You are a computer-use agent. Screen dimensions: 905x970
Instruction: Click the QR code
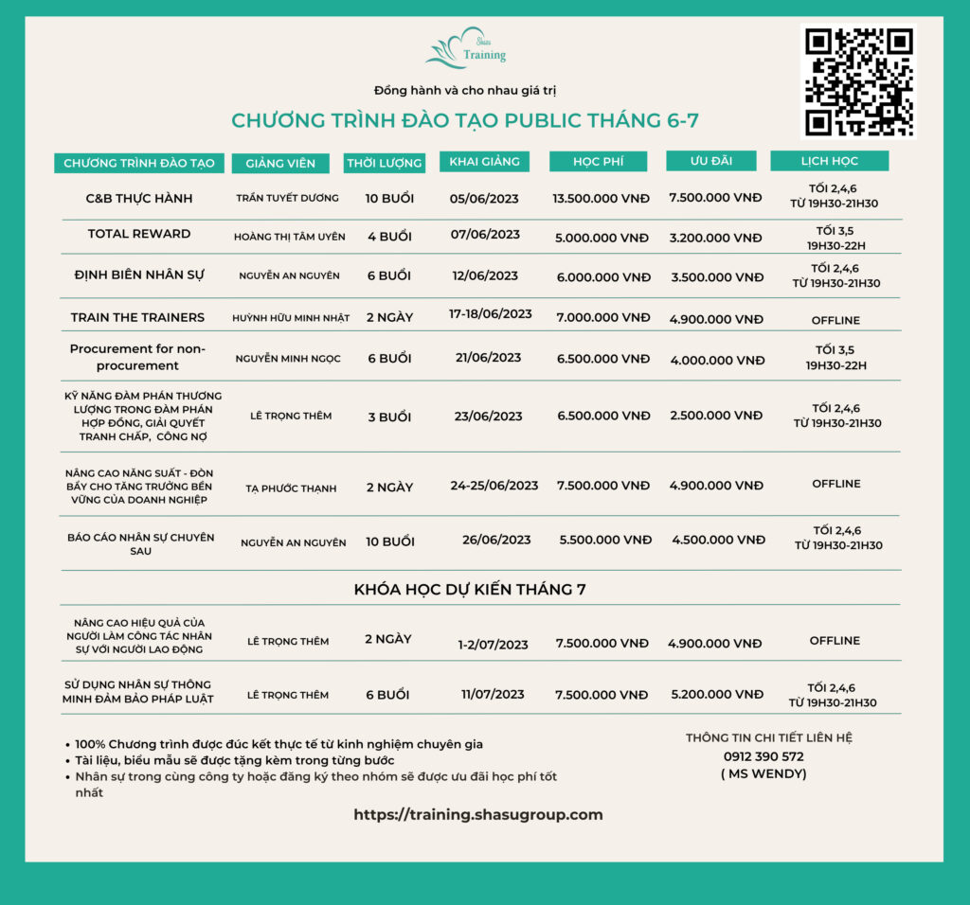pyautogui.click(x=858, y=81)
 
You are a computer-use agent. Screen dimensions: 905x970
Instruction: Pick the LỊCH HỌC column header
pyautogui.click(x=829, y=161)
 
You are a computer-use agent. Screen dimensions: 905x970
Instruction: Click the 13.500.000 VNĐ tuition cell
pyautogui.click(x=601, y=199)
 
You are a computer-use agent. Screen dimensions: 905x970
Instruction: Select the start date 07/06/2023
pyautogui.click(x=485, y=234)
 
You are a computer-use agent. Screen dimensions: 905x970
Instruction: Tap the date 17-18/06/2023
pyautogui.click(x=491, y=313)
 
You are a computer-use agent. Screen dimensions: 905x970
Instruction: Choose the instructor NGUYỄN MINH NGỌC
pyautogui.click(x=288, y=359)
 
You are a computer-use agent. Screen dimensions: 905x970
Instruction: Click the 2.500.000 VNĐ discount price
pyautogui.click(x=716, y=416)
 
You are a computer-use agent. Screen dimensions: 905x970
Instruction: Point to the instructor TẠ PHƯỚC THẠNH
pyautogui.click(x=291, y=488)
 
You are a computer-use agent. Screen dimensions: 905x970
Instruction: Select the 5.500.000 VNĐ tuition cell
pyautogui.click(x=605, y=540)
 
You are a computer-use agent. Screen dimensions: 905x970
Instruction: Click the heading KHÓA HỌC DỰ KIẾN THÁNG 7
pyautogui.click(x=470, y=589)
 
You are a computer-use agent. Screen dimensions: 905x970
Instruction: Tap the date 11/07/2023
pyautogui.click(x=493, y=694)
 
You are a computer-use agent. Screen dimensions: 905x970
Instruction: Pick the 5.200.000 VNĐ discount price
pyautogui.click(x=715, y=695)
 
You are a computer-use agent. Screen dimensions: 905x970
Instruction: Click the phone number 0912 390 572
pyautogui.click(x=763, y=756)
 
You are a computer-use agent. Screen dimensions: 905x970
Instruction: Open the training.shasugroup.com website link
pyautogui.click(x=477, y=814)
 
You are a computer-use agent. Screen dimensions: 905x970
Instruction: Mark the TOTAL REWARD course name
pyautogui.click(x=139, y=234)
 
